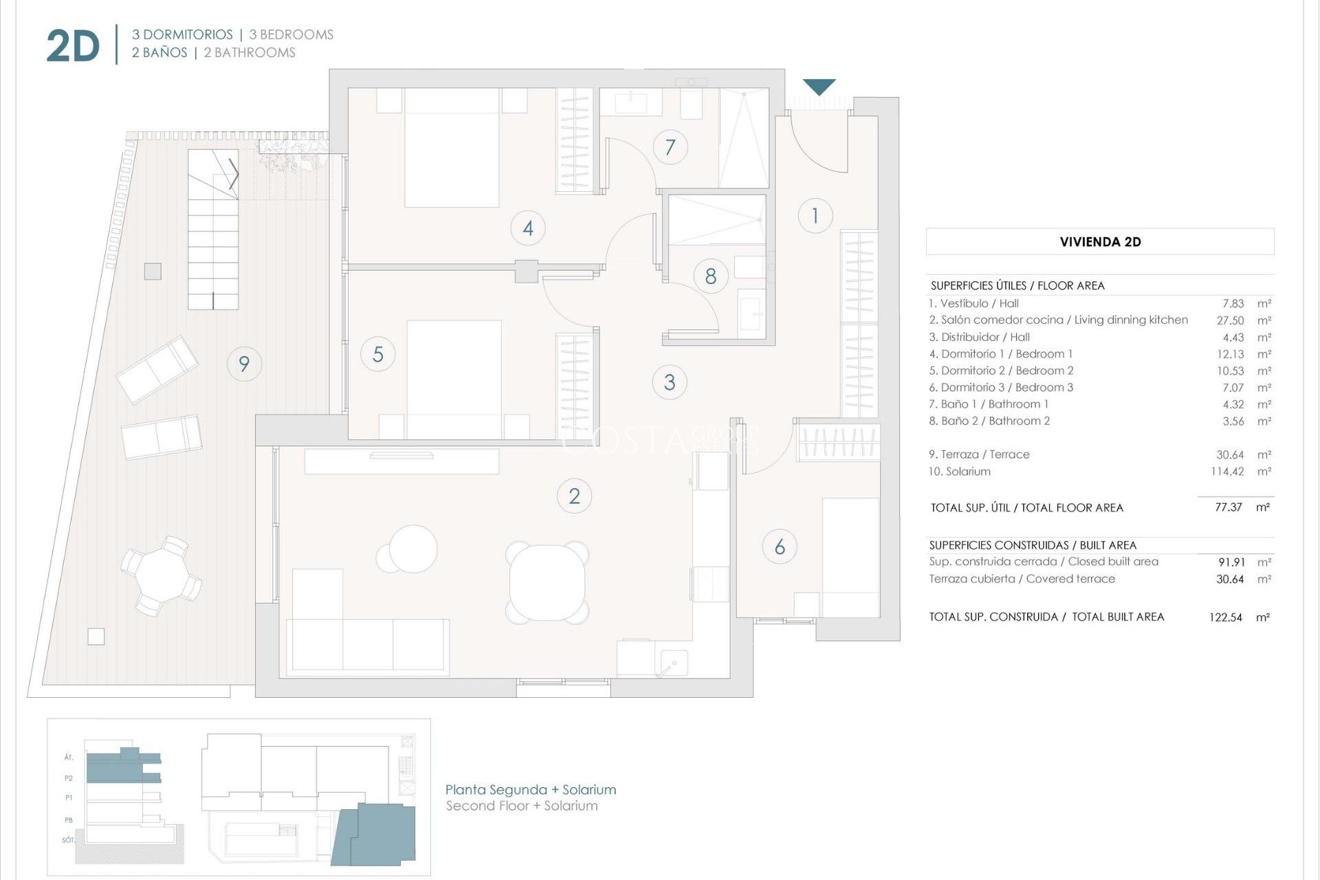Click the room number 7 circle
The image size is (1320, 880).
670,147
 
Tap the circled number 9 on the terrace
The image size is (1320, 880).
244,364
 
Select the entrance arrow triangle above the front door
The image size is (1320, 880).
819,87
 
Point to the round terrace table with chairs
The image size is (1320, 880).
161,575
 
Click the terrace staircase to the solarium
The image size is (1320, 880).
213,230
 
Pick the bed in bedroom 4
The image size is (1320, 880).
452,147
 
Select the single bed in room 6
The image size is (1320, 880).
850,557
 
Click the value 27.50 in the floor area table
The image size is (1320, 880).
1230,320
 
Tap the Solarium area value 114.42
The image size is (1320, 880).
1227,472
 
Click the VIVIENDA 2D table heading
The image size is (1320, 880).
1100,242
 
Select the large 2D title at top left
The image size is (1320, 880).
73,47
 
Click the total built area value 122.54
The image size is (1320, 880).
1225,617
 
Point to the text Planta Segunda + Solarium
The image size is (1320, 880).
531,790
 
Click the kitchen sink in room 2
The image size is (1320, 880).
671,663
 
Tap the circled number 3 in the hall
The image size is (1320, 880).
670,382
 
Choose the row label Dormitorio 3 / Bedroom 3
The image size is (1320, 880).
1001,388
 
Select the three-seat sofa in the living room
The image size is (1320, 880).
368,644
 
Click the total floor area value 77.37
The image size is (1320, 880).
1228,507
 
